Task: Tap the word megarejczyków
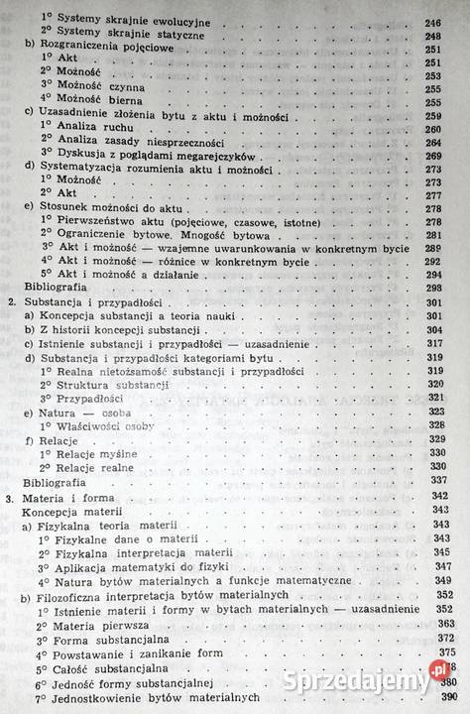point(213,157)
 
